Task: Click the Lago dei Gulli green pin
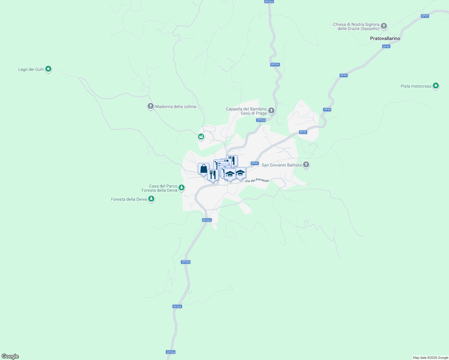pyautogui.click(x=48, y=69)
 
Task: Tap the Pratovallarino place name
pyautogui.click(x=385, y=38)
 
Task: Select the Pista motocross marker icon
pyautogui.click(x=436, y=86)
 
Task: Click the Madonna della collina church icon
pyautogui.click(x=151, y=106)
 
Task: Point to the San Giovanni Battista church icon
pyautogui.click(x=306, y=165)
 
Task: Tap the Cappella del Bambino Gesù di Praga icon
pyautogui.click(x=271, y=111)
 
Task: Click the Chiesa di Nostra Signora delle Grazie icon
pyautogui.click(x=384, y=26)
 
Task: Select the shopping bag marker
pyautogui.click(x=203, y=169)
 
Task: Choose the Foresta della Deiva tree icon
pyautogui.click(x=151, y=199)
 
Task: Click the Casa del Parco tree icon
pyautogui.click(x=181, y=188)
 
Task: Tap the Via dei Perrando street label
pyautogui.click(x=257, y=181)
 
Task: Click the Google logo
pyautogui.click(x=10, y=356)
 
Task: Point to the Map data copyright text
pyautogui.click(x=430, y=358)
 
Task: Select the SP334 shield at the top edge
pyautogui.click(x=269, y=1)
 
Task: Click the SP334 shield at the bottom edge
pyautogui.click(x=170, y=352)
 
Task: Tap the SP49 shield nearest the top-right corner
pyautogui.click(x=425, y=16)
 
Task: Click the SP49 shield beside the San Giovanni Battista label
pyautogui.click(x=255, y=163)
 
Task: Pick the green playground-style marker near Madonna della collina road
pyautogui.click(x=201, y=137)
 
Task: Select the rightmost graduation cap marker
pyautogui.click(x=240, y=173)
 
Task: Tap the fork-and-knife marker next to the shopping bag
pyautogui.click(x=213, y=175)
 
